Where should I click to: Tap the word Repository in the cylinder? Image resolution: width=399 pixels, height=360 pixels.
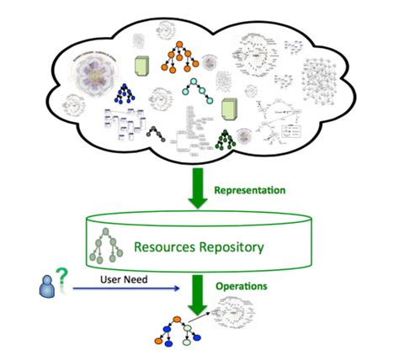(231, 247)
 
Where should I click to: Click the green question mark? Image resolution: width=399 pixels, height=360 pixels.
(60, 277)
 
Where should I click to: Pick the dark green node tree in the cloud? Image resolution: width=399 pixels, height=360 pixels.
(226, 140)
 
